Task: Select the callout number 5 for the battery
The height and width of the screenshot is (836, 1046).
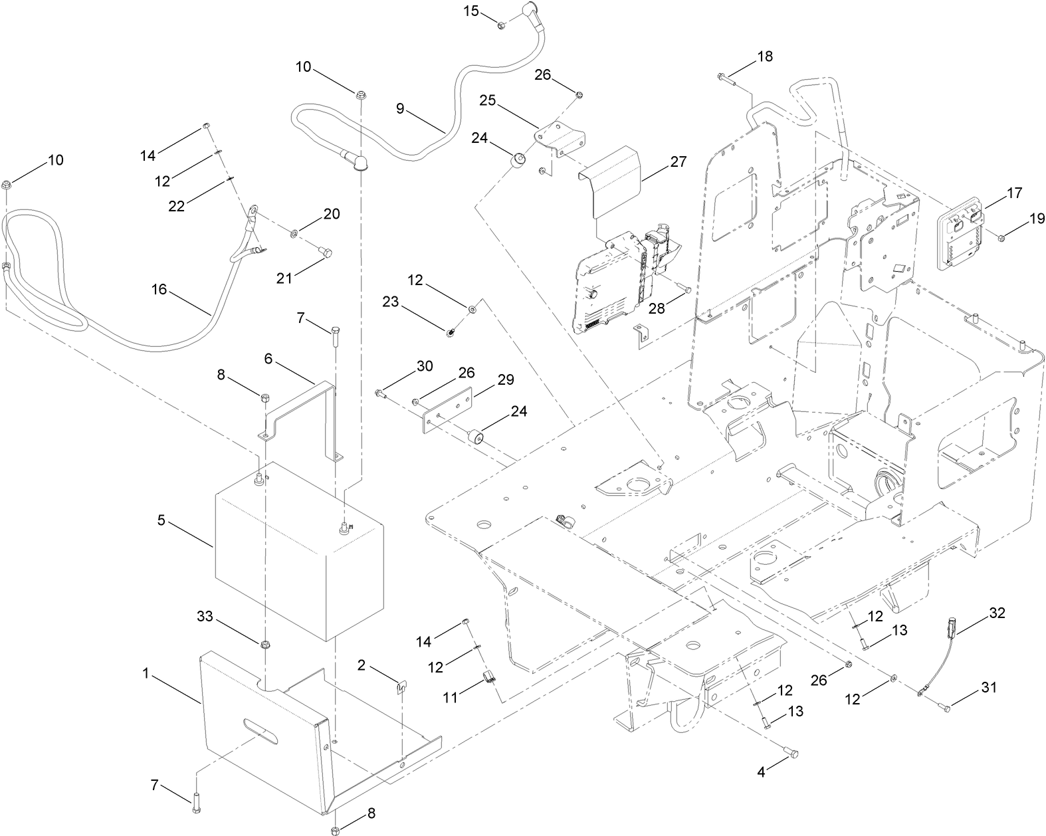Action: pyautogui.click(x=161, y=520)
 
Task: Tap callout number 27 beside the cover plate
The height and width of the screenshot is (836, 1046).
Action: pyautogui.click(x=679, y=161)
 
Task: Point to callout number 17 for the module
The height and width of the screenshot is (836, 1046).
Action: pyautogui.click(x=1014, y=193)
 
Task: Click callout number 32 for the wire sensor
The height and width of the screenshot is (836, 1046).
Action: pyautogui.click(x=997, y=613)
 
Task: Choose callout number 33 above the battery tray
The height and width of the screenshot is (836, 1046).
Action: pyautogui.click(x=205, y=616)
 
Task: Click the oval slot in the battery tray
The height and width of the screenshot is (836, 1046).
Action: pyautogui.click(x=261, y=726)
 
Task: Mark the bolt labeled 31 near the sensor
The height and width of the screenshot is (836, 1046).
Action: pyautogui.click(x=943, y=708)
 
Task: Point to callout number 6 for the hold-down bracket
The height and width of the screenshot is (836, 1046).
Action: pyautogui.click(x=268, y=358)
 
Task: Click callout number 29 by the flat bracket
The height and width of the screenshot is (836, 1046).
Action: pyautogui.click(x=506, y=379)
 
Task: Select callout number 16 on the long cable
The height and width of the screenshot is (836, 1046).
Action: pyautogui.click(x=159, y=290)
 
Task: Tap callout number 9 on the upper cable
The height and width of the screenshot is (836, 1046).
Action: pyautogui.click(x=400, y=108)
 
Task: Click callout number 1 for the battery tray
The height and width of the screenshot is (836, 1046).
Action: pyautogui.click(x=145, y=673)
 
